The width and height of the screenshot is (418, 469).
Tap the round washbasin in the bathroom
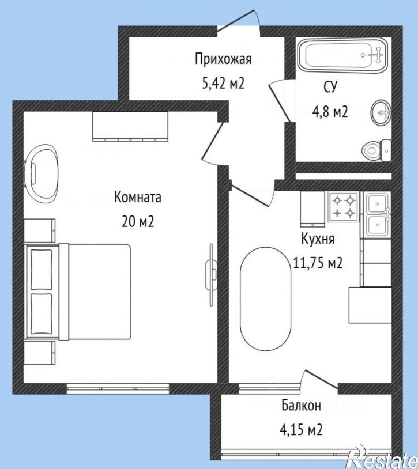(381, 113)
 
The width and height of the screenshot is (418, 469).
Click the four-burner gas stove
(344, 207)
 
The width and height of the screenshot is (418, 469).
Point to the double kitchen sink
(377, 214)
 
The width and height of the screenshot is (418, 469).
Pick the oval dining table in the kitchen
(265, 299)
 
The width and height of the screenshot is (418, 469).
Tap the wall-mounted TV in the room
(210, 275)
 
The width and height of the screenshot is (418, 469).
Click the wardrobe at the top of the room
(130, 126)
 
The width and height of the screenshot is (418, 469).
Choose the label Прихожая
(223, 59)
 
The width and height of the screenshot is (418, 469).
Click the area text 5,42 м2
(224, 83)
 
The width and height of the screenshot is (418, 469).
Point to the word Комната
(138, 198)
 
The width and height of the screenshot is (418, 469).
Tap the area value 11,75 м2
(318, 263)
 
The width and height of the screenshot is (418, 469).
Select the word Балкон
(302, 406)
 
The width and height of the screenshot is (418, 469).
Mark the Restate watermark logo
(382, 459)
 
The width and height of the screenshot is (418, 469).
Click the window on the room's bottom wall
(118, 389)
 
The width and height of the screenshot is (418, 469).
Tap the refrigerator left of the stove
(312, 209)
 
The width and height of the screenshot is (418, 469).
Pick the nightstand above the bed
(40, 230)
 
